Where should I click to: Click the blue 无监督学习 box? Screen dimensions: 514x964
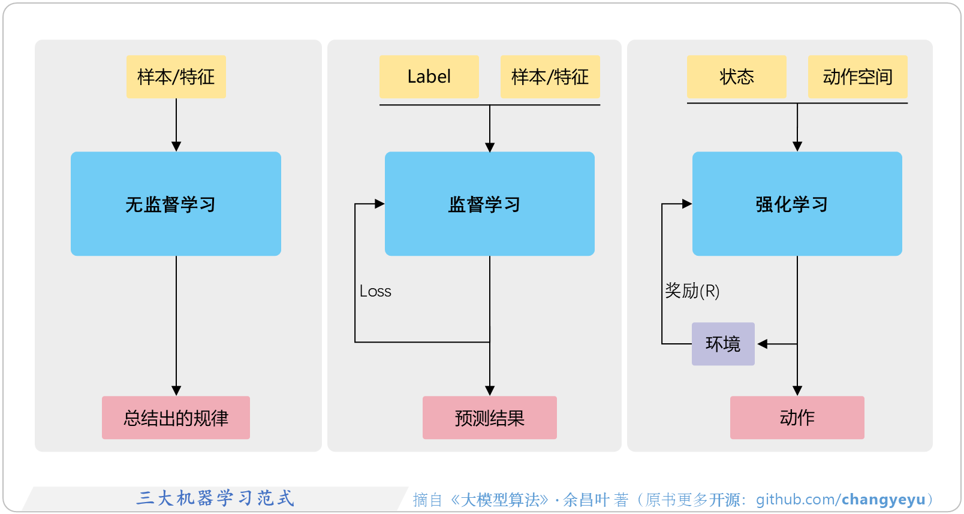pos(176,204)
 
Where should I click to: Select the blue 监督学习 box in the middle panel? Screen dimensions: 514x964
pos(489,204)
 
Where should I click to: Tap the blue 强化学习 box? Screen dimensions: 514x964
pos(797,204)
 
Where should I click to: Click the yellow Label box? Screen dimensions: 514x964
pos(429,77)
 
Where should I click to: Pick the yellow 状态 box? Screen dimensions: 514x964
pos(736,77)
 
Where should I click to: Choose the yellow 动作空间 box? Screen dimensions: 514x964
pos(857,77)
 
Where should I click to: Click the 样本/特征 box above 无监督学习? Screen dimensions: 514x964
pos(176,77)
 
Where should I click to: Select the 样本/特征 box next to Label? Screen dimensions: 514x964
pos(550,77)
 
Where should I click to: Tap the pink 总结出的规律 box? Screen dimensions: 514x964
pos(176,418)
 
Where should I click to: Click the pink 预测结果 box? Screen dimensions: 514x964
pos(489,418)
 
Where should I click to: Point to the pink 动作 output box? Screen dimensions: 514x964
pos(797,418)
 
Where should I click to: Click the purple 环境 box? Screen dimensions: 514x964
pos(723,344)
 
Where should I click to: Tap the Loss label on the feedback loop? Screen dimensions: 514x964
pos(375,291)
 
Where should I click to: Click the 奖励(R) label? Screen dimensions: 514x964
pos(692,291)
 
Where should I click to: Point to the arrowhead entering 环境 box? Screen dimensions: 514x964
pos(763,344)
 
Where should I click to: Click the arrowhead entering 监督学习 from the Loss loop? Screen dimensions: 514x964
pos(379,204)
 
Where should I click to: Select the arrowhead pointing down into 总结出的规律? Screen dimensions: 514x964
pos(176,391)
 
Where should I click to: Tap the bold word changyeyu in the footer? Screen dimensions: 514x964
pos(883,499)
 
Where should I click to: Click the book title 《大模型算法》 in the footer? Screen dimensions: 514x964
pos(499,500)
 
